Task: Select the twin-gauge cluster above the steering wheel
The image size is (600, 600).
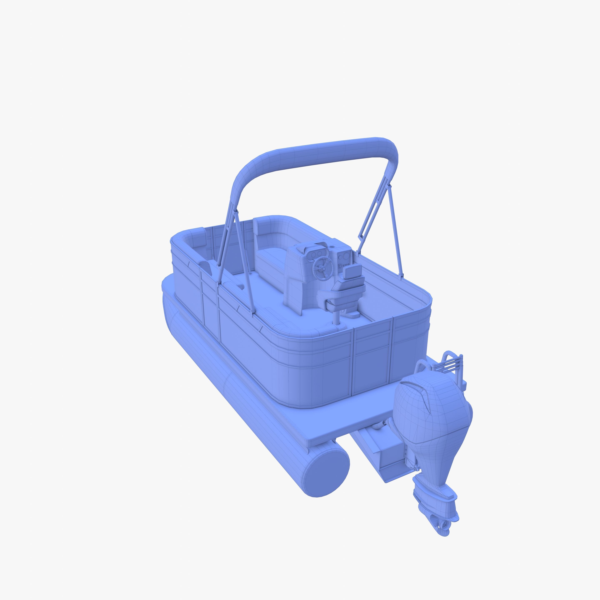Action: (x=317, y=254)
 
